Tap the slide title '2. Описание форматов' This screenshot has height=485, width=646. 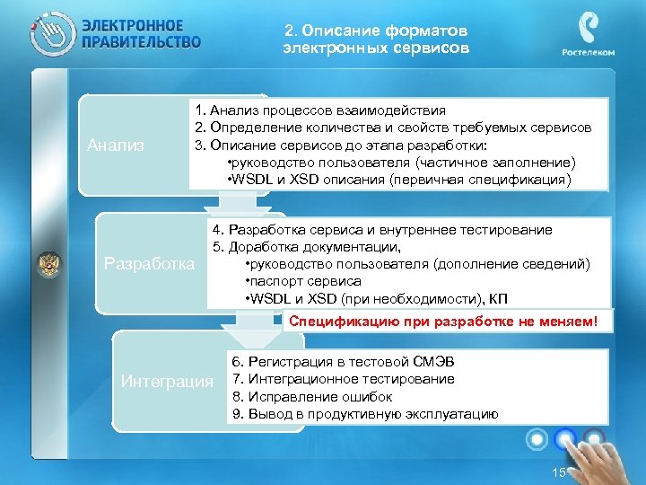[375, 29]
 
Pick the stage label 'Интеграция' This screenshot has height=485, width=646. [168, 382]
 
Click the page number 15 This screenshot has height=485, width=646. [559, 472]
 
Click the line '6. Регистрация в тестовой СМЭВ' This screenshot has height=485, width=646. [343, 362]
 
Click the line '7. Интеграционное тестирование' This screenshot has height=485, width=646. [343, 379]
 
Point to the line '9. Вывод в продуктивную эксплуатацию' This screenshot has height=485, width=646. [364, 414]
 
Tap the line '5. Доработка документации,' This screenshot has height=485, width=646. [306, 246]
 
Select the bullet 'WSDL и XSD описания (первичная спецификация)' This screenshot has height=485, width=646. [399, 179]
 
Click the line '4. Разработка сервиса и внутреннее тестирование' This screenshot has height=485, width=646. [382, 229]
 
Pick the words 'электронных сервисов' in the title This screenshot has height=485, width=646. [375, 47]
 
